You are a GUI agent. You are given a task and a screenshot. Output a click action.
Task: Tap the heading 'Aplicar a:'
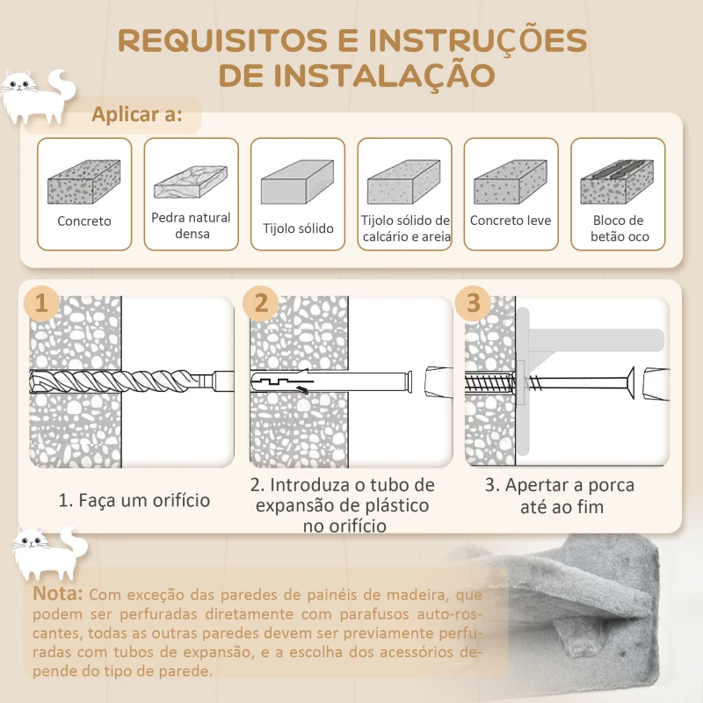[137, 114]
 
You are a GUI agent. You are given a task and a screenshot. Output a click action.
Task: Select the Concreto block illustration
[83, 182]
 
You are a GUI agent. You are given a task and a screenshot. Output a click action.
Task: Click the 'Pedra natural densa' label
[191, 226]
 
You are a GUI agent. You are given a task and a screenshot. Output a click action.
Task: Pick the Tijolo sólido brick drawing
[297, 182]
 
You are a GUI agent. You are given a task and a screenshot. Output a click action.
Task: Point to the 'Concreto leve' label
[511, 221]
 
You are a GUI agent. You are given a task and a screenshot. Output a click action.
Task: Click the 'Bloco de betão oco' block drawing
[617, 182]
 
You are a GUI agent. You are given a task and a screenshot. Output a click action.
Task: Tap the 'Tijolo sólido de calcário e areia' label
[405, 228]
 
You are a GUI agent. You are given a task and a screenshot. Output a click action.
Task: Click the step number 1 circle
[41, 303]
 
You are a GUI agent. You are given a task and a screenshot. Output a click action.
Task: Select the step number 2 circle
[261, 303]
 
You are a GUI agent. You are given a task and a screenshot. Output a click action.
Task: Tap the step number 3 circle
[473, 303]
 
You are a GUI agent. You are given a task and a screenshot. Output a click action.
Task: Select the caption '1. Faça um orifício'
[134, 500]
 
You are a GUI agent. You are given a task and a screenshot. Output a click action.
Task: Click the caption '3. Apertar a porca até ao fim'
[560, 496]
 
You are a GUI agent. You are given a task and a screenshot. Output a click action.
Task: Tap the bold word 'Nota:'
[58, 594]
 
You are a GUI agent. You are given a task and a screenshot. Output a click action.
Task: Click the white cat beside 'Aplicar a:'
[38, 97]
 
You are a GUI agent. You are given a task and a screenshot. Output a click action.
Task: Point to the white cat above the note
[50, 554]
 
